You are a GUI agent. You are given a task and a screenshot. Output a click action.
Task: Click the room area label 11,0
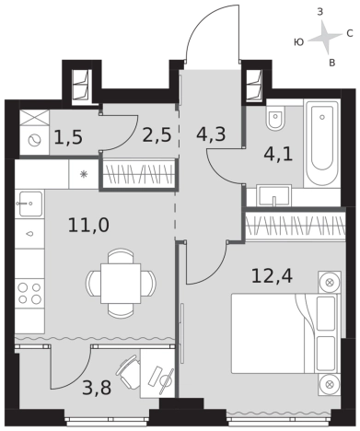pyautogui.click(x=88, y=226)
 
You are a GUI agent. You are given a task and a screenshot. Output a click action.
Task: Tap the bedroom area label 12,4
pyautogui.click(x=273, y=275)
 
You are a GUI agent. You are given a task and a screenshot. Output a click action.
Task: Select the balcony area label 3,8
pyautogui.click(x=97, y=388)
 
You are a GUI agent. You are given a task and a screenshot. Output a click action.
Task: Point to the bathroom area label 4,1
pyautogui.click(x=278, y=154)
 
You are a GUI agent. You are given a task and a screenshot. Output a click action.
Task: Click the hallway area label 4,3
pyautogui.click(x=211, y=134)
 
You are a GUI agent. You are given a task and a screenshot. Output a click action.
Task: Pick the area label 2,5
pyautogui.click(x=157, y=134)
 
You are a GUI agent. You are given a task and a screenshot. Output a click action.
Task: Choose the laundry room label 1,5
pyautogui.click(x=68, y=136)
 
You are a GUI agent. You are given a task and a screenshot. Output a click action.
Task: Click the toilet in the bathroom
pyautogui.click(x=275, y=118)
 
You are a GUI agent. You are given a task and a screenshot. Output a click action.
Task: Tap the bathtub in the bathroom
pyautogui.click(x=322, y=142)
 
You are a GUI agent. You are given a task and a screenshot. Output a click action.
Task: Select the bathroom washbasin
pyautogui.click(x=274, y=195)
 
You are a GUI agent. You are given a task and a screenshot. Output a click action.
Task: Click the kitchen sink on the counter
pyautogui.click(x=30, y=204)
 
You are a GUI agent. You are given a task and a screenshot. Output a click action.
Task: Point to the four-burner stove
pyautogui.click(x=29, y=293)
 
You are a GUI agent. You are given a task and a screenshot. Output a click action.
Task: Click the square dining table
pyautogui.click(x=121, y=284)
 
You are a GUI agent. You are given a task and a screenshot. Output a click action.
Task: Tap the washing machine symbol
pyautogui.click(x=34, y=141)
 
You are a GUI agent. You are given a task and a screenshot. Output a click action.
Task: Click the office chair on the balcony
pyautogui.click(x=128, y=371)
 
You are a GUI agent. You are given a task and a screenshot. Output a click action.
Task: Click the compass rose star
pyautogui.click(x=324, y=37)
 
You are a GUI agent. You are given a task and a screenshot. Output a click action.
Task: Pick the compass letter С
pyautogui.click(x=349, y=33)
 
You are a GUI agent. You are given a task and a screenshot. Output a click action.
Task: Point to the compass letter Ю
pyautogui.click(x=298, y=42)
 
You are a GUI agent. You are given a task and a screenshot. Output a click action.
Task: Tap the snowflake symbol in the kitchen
pyautogui.click(x=83, y=174)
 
